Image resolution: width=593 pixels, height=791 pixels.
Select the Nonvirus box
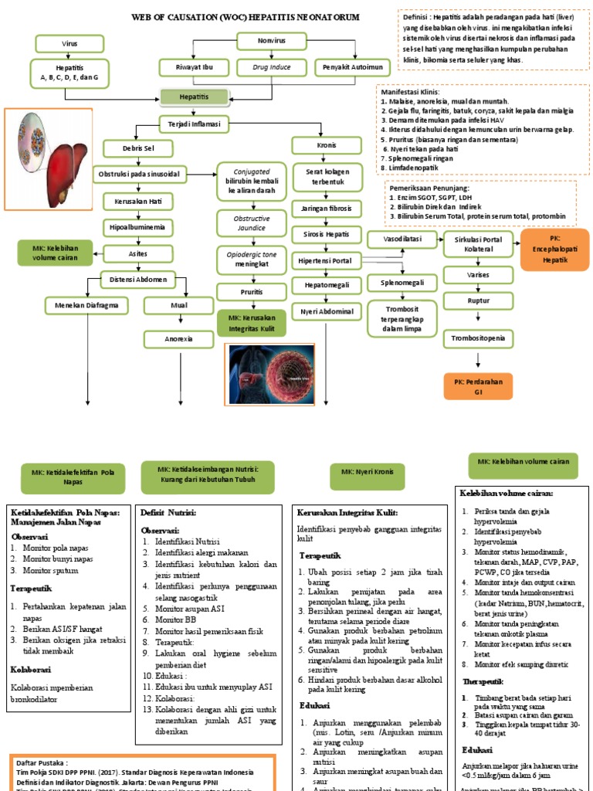(270, 42)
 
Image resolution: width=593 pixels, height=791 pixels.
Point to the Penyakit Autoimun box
(352, 68)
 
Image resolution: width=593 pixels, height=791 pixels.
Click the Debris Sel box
(139, 148)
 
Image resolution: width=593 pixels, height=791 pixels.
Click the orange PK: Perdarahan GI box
(478, 386)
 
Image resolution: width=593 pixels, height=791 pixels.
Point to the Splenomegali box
(402, 284)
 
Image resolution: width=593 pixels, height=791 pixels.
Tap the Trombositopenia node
(478, 338)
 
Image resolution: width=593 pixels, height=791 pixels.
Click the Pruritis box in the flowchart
(251, 292)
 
